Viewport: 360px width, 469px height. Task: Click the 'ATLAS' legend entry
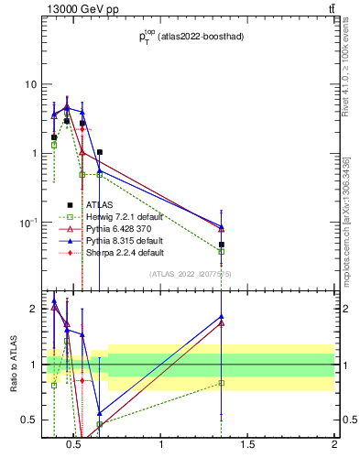pos(100,204)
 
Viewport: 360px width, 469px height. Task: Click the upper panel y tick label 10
pos(30,84)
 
